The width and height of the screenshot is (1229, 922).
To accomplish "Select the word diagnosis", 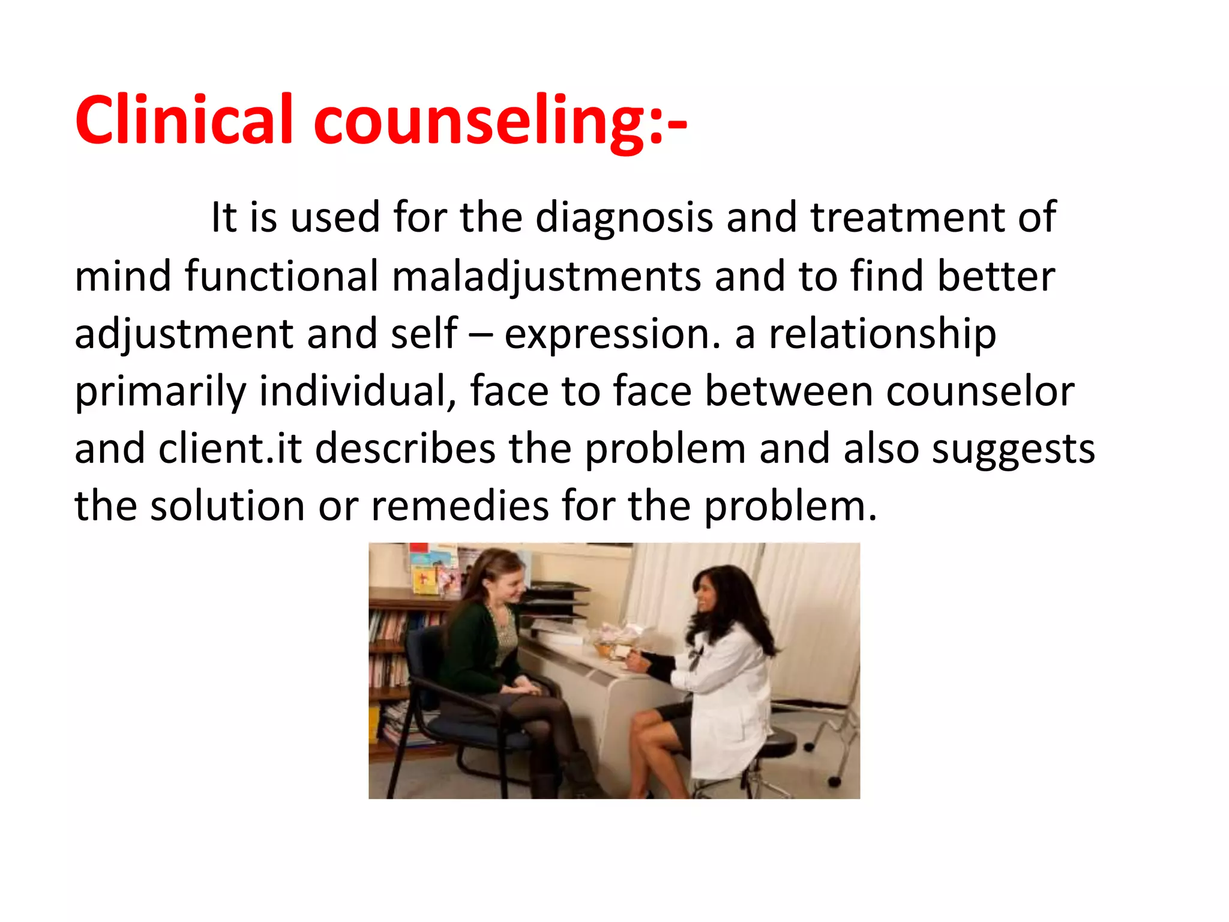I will tap(624, 217).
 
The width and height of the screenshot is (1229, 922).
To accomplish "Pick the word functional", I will tap(281, 276).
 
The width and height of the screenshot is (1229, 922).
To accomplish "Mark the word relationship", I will tap(883, 335).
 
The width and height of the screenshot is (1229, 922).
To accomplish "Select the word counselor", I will tap(981, 391).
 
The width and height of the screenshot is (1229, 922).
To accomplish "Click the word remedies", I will tap(460, 507).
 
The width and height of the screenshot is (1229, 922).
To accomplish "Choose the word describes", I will tap(405, 449).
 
